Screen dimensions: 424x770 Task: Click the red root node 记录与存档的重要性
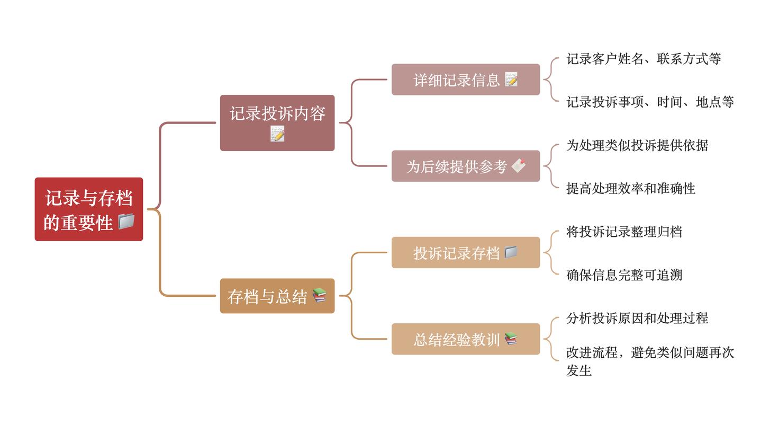[x=88, y=209]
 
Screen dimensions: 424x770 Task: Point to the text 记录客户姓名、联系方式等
[x=644, y=59]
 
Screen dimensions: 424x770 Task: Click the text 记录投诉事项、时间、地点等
[x=650, y=102]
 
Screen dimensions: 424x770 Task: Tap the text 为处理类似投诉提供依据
[x=637, y=145]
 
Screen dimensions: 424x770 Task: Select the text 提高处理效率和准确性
[x=631, y=188]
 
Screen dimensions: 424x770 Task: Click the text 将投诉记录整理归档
[x=624, y=232]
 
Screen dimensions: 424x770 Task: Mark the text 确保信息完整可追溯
[x=624, y=275]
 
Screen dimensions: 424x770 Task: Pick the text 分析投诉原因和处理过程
[x=637, y=318]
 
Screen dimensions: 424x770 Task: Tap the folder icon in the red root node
[x=126, y=221]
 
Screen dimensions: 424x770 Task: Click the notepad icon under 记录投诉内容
[x=277, y=134]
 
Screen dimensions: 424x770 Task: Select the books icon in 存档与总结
[x=319, y=295]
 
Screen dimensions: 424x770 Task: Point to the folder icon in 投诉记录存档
[x=511, y=252]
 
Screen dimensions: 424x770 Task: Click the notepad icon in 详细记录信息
[x=511, y=79]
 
